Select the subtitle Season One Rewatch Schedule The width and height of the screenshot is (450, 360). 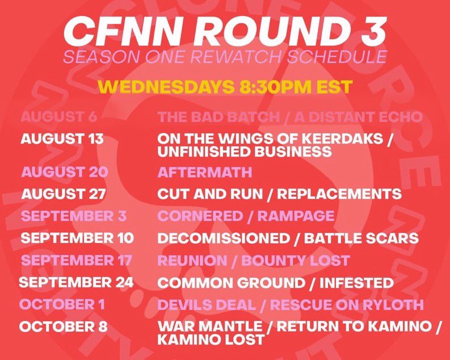(x=225, y=57)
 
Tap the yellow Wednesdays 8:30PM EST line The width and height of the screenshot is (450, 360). (x=225, y=87)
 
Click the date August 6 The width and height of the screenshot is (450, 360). (x=59, y=117)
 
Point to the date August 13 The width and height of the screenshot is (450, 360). (x=62, y=139)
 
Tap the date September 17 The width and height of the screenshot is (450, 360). (x=76, y=260)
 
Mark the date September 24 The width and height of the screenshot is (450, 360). (x=77, y=282)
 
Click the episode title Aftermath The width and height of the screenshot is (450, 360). (x=196, y=171)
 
